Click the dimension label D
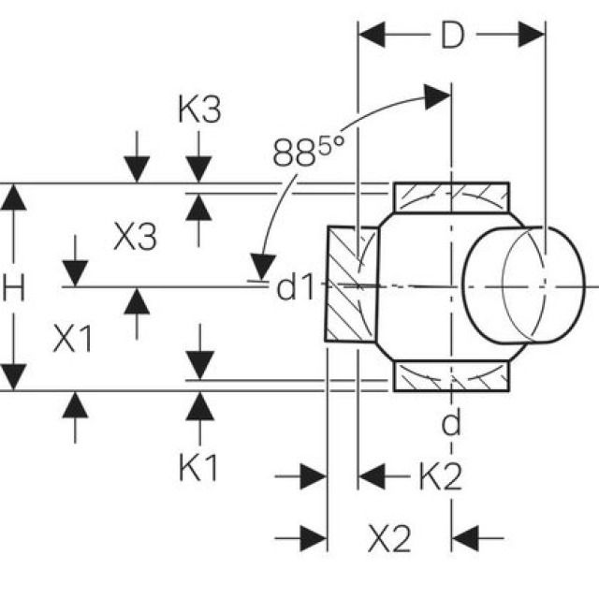pos(452,37)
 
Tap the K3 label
pos(198,110)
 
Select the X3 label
pos(134,237)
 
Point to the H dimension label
pos(12,288)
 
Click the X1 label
pos(73,340)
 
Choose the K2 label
pos(439,478)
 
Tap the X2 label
pos(388,538)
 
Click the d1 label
pos(296,288)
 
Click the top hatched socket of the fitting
pos(450,197)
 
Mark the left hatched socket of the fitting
pos(351,284)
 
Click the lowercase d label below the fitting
pos(452,423)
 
